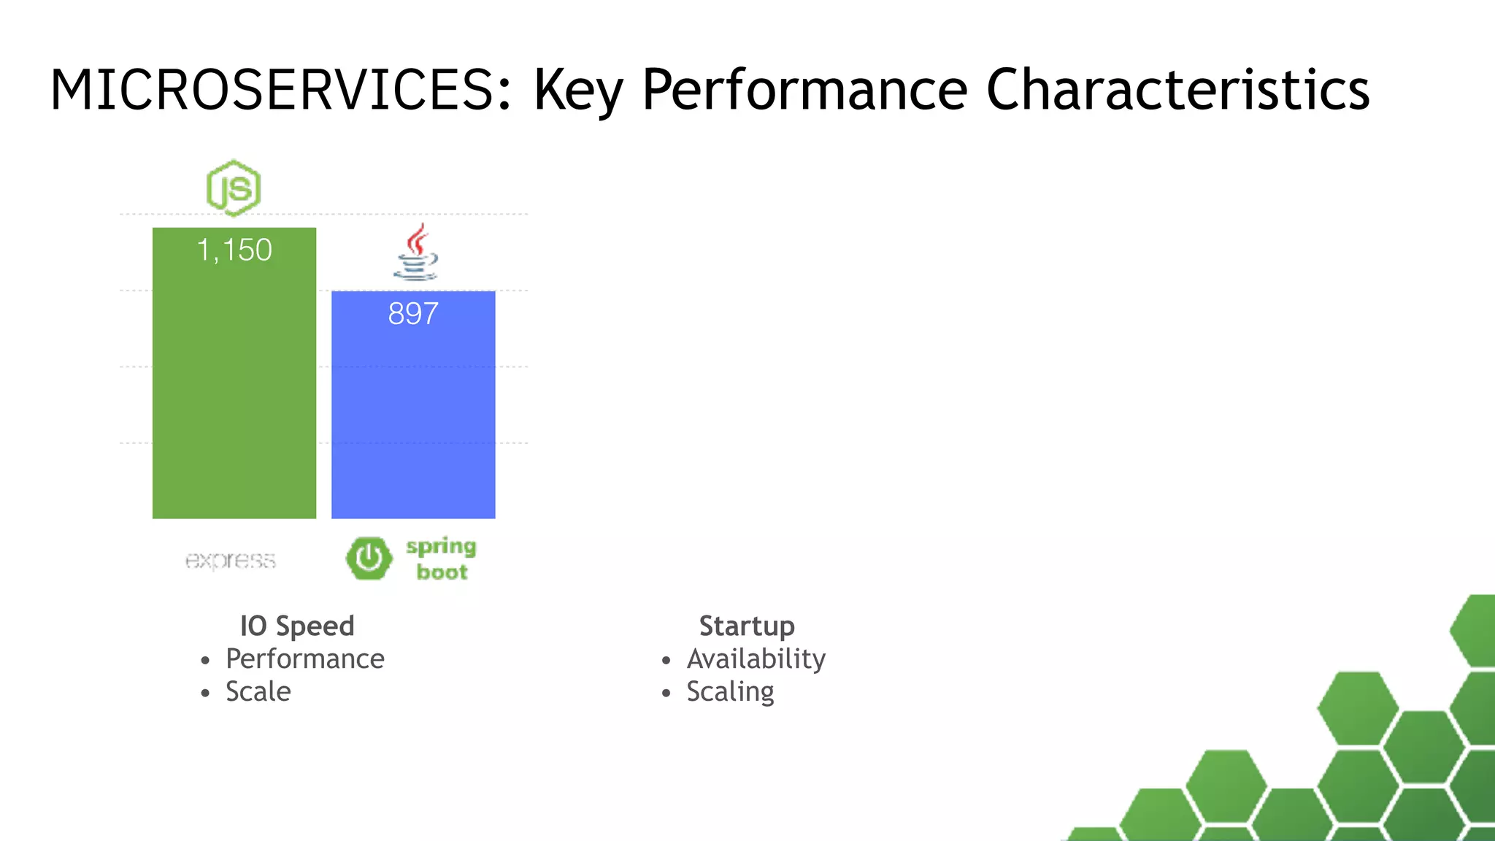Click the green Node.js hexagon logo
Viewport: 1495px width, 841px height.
click(x=234, y=188)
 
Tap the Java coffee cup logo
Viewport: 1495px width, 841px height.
click(x=416, y=253)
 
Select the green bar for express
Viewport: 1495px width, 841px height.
click(x=234, y=387)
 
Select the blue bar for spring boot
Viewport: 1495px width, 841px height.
click(x=413, y=416)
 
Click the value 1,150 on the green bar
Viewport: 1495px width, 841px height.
click(x=234, y=250)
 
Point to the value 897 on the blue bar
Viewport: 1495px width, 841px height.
click(x=413, y=314)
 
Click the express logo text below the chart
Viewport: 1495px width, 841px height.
click(x=231, y=561)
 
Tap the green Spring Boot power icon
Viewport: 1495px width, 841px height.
click(x=369, y=558)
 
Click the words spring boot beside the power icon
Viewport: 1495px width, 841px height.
click(x=442, y=559)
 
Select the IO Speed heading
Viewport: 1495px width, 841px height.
click(x=297, y=626)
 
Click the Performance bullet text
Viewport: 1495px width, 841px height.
click(x=305, y=659)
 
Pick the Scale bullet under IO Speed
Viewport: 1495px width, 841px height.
click(x=258, y=692)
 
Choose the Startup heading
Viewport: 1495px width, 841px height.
click(x=747, y=626)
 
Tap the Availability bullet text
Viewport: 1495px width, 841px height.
click(x=756, y=659)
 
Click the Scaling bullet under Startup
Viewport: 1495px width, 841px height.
click(x=730, y=692)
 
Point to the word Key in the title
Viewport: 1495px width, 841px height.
click(x=579, y=91)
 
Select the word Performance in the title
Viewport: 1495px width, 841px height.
click(x=804, y=91)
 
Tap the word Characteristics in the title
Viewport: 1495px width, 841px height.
click(x=1177, y=91)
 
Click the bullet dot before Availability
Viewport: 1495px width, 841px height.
click(x=666, y=661)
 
